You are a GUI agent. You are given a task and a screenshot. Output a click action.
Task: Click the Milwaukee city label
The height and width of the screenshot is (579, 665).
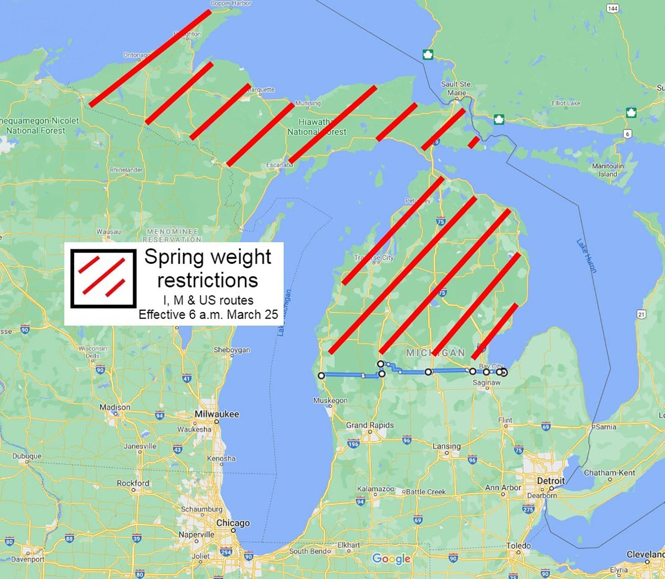coord(217,414)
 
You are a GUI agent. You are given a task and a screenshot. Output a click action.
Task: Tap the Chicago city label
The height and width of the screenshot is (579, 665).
coord(233,523)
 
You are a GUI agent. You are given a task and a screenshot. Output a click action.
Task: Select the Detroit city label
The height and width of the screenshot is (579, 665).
coord(551,481)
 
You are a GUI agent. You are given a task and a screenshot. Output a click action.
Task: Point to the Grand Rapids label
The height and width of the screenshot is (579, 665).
coord(369,425)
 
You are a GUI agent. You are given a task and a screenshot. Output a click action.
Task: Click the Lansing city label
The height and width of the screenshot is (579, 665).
coord(446,446)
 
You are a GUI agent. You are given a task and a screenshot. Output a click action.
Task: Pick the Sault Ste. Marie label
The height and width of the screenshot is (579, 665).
coord(456,88)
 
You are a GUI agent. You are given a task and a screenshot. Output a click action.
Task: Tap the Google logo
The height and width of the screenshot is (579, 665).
coord(391,559)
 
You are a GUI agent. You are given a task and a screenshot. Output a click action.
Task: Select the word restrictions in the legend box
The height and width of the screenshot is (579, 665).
coord(207,280)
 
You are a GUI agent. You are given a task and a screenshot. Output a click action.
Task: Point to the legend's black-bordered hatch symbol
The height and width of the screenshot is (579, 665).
coord(103,278)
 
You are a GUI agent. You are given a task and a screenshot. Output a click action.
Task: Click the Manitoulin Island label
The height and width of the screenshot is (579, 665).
coord(608,170)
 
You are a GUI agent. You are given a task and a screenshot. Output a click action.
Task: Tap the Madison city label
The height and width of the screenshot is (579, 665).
coord(115,407)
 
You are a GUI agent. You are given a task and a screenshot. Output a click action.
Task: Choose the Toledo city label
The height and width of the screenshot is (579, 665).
coord(518,546)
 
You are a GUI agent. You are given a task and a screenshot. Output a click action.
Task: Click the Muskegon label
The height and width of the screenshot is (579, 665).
coord(330,400)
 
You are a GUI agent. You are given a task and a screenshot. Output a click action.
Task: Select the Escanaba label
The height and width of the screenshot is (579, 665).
coord(279,165)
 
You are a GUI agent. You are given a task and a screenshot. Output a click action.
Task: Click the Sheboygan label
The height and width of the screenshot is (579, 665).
coord(232,350)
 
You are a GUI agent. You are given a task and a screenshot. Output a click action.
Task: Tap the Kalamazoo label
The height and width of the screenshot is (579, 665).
coord(375,489)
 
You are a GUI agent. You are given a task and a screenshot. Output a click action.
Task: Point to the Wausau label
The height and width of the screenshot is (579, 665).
coord(108,232)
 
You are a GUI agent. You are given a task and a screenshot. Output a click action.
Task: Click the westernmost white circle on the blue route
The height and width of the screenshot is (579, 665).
coord(321,376)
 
